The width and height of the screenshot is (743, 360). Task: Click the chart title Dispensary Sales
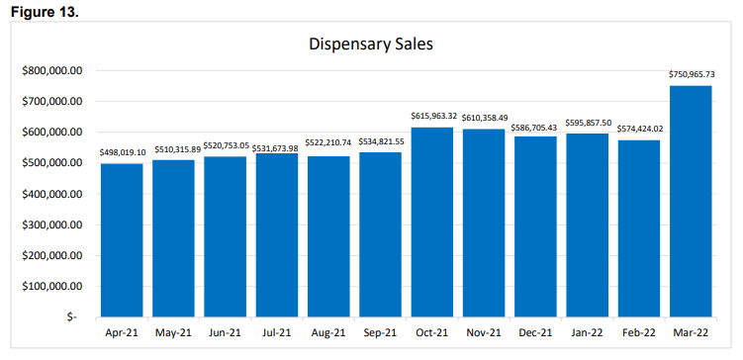pos(371,45)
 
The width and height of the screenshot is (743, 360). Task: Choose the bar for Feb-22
pos(639,228)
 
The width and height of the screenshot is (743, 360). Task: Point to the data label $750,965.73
pos(691,75)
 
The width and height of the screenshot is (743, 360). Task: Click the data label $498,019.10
pos(122,153)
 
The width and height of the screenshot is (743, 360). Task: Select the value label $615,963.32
pos(432,117)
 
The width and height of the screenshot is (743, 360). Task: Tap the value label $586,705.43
pos(535,126)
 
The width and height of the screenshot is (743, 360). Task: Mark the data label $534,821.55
pos(380,141)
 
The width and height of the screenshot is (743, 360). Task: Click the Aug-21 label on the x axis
pos(328,335)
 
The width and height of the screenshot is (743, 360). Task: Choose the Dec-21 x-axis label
pos(535,335)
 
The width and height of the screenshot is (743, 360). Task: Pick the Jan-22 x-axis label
pos(587,335)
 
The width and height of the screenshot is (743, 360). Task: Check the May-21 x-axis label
pos(173,335)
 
